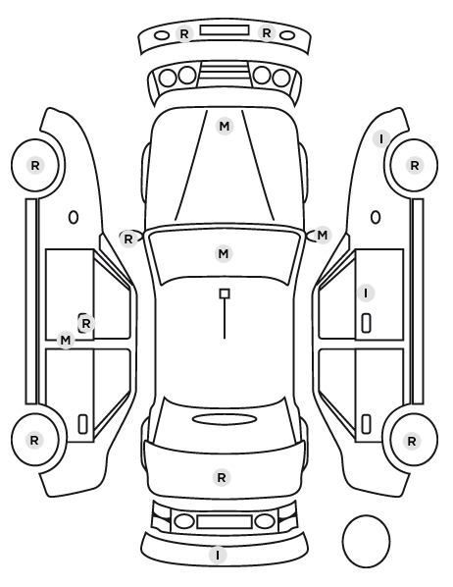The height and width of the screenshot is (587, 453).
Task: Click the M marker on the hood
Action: (225, 127)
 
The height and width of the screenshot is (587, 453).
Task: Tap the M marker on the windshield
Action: (224, 254)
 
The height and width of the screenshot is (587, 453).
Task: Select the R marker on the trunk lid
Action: (221, 478)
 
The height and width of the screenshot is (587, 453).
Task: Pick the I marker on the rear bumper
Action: (218, 555)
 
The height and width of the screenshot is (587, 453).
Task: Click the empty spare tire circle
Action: (366, 541)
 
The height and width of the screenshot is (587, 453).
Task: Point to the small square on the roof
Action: (225, 293)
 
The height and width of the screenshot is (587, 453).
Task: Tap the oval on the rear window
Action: (225, 419)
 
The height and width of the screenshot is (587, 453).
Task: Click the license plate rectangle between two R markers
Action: (225, 30)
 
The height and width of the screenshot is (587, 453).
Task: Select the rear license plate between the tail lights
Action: (225, 521)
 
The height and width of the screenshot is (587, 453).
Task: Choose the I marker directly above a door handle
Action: (366, 293)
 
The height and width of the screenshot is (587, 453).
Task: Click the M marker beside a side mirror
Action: (322, 236)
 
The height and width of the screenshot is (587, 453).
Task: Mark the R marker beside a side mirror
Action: (127, 239)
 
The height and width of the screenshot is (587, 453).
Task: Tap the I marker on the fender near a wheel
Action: (381, 138)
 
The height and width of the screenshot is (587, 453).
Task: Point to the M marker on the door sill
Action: (66, 341)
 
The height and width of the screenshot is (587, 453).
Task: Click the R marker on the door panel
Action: (86, 323)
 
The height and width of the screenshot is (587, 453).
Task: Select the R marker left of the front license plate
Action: (184, 33)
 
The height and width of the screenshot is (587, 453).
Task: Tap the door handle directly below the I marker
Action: (367, 323)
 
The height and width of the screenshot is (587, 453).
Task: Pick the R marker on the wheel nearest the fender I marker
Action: (415, 165)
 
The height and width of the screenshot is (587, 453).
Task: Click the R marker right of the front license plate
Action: (267, 33)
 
